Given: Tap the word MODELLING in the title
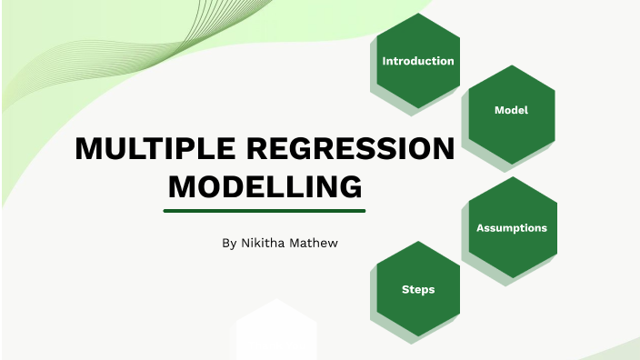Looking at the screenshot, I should tap(265, 186).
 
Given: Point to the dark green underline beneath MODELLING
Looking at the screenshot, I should tap(265, 210).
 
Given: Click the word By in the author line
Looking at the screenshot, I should tap(228, 244).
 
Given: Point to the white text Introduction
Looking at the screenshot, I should tap(418, 61).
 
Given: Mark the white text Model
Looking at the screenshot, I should tap(512, 110).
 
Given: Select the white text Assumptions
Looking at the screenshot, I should tap(512, 227).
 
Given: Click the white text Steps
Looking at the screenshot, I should tap(418, 290).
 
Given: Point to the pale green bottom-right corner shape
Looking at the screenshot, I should tap(618, 350).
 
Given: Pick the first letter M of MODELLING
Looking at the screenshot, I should tap(181, 186).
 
